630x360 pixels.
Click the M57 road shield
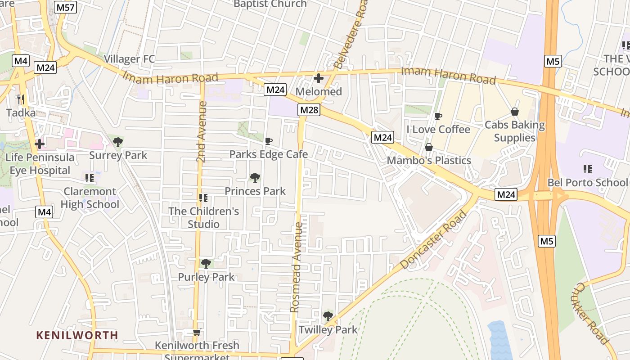[x=66, y=7]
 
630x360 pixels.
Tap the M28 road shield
[x=309, y=110]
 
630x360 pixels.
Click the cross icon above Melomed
[x=319, y=79]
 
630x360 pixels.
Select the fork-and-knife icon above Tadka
[x=20, y=99]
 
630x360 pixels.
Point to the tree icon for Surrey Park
[x=118, y=142]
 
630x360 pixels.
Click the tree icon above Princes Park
[x=255, y=177]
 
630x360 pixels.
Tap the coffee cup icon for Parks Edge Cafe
[x=269, y=141]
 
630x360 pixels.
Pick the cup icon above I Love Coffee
[x=438, y=117]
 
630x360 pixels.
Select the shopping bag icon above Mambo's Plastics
[x=429, y=147]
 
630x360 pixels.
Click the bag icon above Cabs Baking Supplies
[x=515, y=112]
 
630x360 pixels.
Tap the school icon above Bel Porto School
[x=587, y=169]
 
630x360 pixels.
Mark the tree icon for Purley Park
[x=206, y=263]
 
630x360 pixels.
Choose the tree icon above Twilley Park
[x=328, y=316]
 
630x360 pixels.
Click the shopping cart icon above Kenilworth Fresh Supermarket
[x=197, y=333]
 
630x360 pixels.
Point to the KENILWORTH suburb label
[x=77, y=335]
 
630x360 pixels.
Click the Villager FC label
[x=129, y=59]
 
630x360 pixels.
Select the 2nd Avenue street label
[x=202, y=131]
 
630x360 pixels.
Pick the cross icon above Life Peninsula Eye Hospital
[x=40, y=144]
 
